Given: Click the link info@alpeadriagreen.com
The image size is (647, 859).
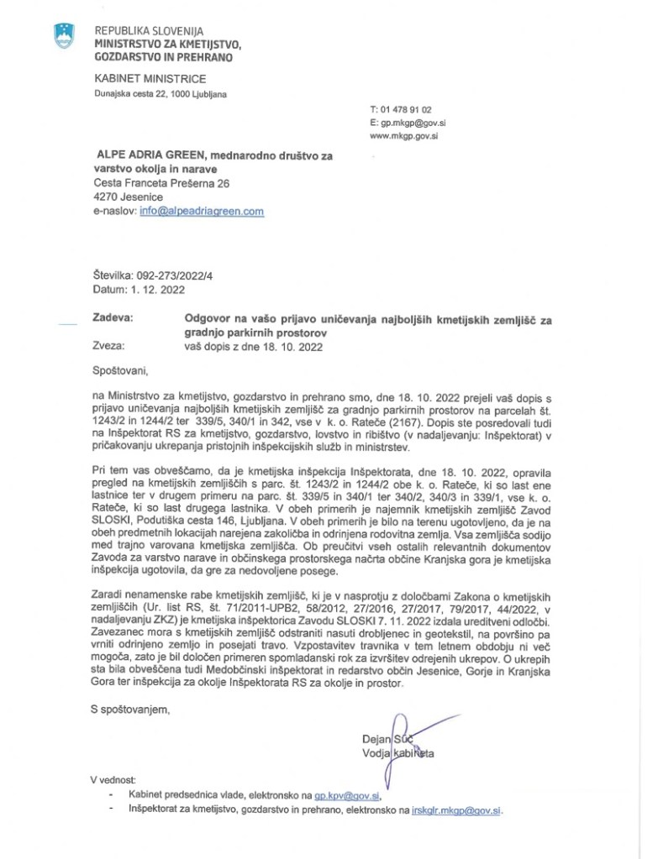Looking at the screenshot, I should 202,212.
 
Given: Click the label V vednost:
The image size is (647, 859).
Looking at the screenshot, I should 117,778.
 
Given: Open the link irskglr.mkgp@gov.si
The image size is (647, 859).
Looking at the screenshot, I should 456,810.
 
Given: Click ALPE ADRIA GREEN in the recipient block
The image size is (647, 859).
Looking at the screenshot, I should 151,155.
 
